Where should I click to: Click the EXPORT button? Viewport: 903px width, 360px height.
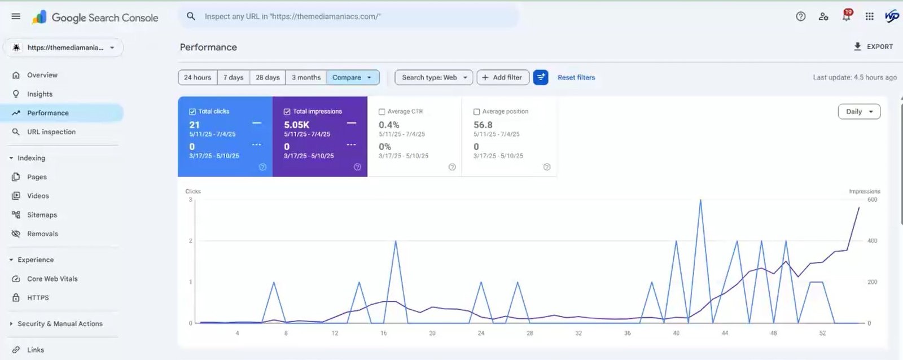[x=873, y=47]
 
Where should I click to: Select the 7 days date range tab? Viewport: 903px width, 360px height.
[x=233, y=77]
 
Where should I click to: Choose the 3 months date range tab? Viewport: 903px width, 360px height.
[x=306, y=77]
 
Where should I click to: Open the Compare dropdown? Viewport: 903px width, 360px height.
[x=352, y=77]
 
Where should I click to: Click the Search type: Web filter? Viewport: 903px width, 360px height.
[x=434, y=77]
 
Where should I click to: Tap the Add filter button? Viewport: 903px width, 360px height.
[x=502, y=77]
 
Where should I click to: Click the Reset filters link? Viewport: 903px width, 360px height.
[x=576, y=77]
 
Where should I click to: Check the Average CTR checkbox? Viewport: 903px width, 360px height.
[x=382, y=112]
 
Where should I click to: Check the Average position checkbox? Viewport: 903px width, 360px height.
[x=477, y=112]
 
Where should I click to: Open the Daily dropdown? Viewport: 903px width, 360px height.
[x=859, y=112]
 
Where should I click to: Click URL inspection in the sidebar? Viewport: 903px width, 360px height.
[x=51, y=132]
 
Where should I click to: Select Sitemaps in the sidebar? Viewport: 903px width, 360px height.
[x=42, y=215]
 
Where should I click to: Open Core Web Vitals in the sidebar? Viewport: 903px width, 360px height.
[x=52, y=279]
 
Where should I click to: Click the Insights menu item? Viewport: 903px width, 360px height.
[x=40, y=94]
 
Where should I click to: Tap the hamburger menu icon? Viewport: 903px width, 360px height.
[x=16, y=16]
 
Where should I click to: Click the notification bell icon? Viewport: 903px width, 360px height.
[x=846, y=16]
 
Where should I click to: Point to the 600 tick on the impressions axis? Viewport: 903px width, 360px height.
[x=872, y=200]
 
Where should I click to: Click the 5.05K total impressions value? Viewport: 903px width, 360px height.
[x=297, y=125]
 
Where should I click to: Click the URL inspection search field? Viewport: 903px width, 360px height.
[x=350, y=16]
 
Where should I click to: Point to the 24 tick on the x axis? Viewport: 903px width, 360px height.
[x=481, y=333]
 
